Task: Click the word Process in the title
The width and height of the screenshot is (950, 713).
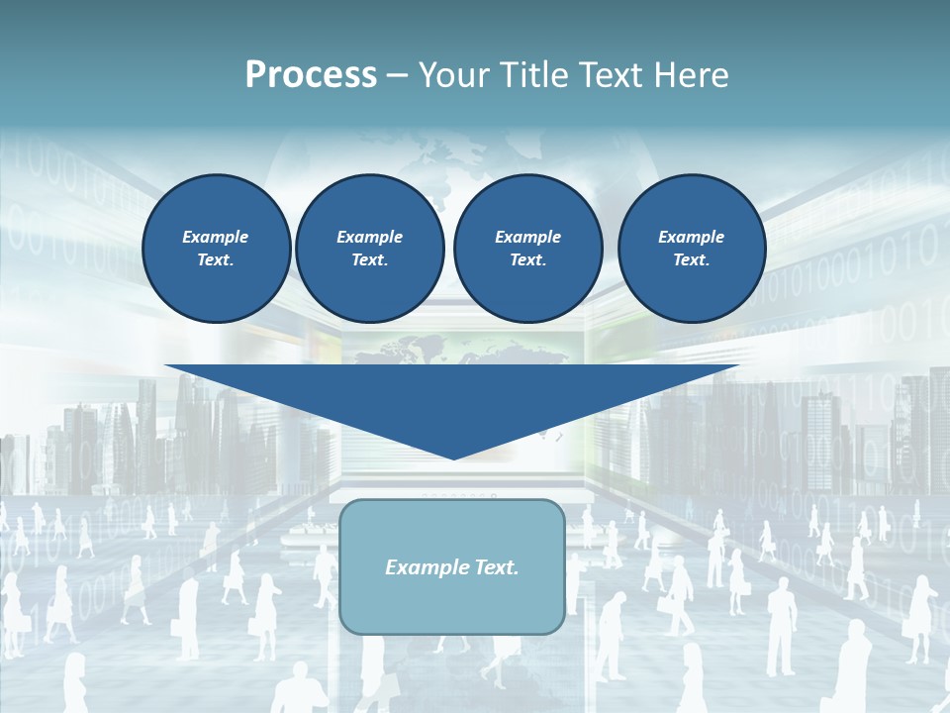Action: pyautogui.click(x=311, y=75)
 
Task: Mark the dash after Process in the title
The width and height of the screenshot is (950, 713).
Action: pyautogui.click(x=397, y=77)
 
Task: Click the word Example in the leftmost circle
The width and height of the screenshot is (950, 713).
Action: pyautogui.click(x=216, y=237)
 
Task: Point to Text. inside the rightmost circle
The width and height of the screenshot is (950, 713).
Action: pyautogui.click(x=691, y=260)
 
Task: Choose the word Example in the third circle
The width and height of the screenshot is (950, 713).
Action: pyautogui.click(x=527, y=237)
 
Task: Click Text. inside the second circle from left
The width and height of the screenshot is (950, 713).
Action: pyautogui.click(x=369, y=260)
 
